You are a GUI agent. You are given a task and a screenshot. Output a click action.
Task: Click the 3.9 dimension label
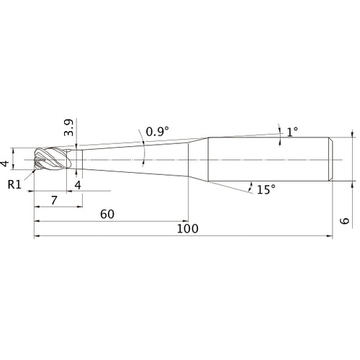point(69,128)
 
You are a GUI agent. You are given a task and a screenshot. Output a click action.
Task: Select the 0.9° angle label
point(158,132)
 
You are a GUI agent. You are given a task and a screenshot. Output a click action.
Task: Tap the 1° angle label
point(292,132)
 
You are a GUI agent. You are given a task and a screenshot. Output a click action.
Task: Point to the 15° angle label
point(266,189)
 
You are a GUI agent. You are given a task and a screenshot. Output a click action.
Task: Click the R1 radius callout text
point(14,184)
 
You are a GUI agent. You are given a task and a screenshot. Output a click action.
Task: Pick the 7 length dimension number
point(55,200)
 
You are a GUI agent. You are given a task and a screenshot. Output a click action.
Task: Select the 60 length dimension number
point(107,214)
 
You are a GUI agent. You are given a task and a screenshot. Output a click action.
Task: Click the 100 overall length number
point(187,228)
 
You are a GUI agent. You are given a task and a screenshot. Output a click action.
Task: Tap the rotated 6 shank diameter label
point(345,221)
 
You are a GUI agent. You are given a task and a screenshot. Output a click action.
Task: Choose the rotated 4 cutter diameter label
point(4,163)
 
